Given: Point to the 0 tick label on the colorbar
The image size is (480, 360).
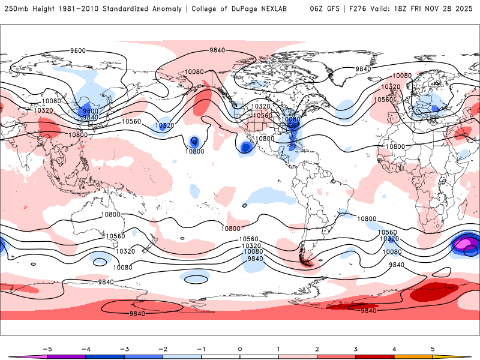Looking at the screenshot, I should point(240,348).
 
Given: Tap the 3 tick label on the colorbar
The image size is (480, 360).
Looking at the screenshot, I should point(356,348).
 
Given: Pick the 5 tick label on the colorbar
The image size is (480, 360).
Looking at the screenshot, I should point(433,348).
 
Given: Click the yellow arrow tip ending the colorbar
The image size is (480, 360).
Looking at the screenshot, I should point(464,356).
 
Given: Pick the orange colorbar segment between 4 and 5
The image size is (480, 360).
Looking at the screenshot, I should point(413,356).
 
